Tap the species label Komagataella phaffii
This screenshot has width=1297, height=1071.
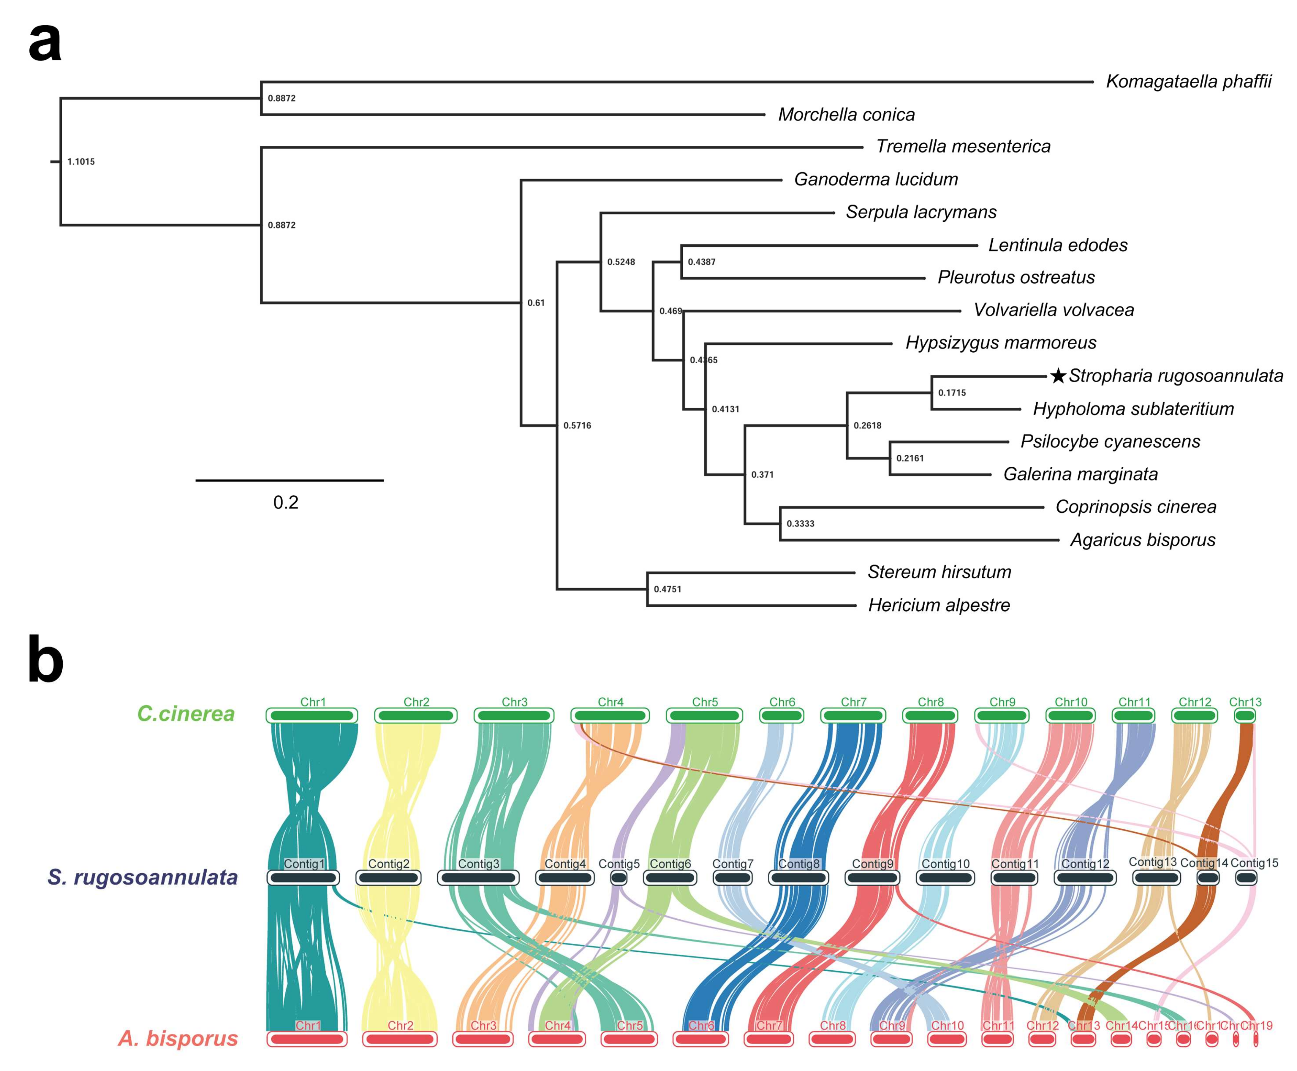1188,81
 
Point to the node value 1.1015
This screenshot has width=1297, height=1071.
81,162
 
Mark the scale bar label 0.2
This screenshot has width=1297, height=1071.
286,502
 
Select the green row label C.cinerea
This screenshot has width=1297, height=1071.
186,714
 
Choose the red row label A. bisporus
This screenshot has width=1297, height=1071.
178,1038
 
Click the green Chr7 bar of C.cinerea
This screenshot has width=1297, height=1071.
853,716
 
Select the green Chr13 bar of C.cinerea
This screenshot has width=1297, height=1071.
1244,716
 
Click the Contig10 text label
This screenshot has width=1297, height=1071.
945,864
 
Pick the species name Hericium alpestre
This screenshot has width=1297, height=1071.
939,605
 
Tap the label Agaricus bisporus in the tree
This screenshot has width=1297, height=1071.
1142,540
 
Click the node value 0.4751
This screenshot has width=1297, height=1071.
667,589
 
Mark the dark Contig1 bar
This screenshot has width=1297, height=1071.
303,877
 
